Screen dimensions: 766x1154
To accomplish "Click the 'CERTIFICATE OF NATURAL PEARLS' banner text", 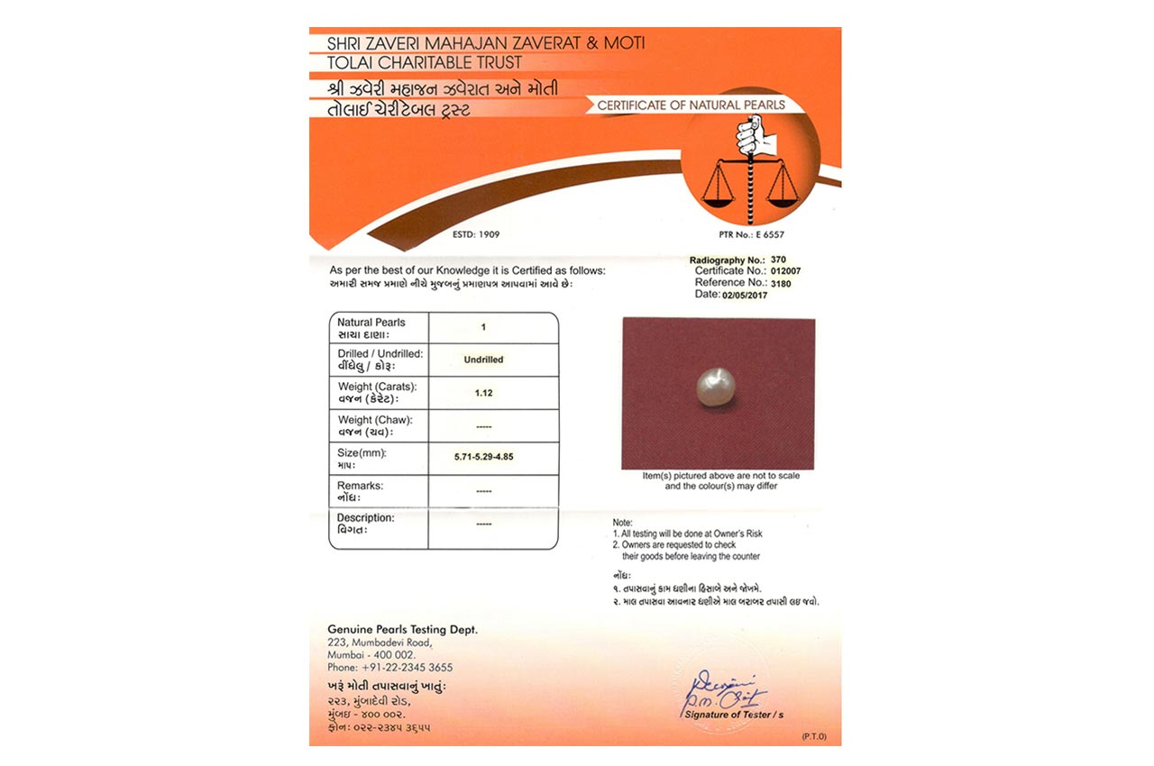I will click(x=691, y=105).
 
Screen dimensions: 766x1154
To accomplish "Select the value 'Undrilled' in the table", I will click(x=483, y=360).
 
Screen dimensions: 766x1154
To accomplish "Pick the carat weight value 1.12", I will click(x=484, y=392).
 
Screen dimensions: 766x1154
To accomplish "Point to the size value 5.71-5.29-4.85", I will click(x=484, y=458).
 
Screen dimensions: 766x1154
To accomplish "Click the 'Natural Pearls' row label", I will click(x=371, y=323).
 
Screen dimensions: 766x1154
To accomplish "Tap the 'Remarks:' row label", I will click(x=360, y=486).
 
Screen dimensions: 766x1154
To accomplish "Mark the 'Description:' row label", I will click(x=365, y=518).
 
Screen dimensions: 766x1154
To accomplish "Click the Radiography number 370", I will click(x=766, y=260).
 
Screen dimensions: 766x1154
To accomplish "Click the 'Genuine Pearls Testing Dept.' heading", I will click(x=402, y=629).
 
